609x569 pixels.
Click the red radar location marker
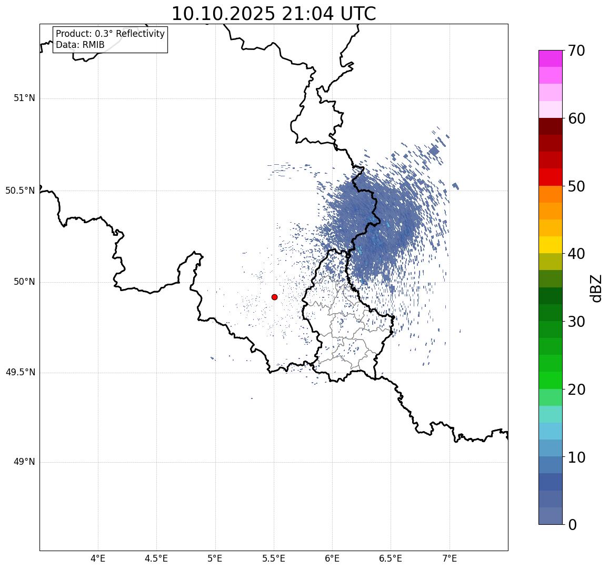(x=274, y=297)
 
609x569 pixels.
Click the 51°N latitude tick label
(x=24, y=98)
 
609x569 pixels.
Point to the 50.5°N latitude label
(x=20, y=191)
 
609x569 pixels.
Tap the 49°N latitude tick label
(x=24, y=462)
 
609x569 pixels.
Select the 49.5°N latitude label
(x=20, y=373)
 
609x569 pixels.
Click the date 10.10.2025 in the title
(x=223, y=14)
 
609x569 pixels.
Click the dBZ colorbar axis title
(x=596, y=288)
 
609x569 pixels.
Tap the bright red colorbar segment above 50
(x=550, y=177)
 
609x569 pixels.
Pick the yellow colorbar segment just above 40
(x=550, y=245)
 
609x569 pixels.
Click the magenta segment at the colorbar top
(x=550, y=58)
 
